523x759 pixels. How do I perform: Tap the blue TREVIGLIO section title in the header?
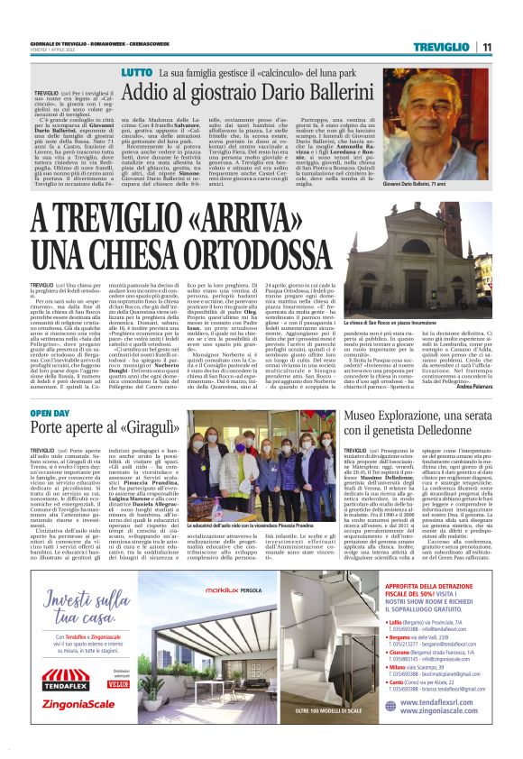click(x=444, y=46)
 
